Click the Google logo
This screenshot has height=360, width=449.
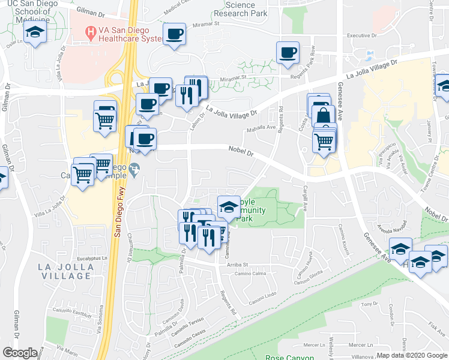point(20,353)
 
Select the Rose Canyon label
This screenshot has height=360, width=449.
point(289,358)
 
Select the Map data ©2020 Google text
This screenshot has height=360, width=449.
point(412,355)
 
